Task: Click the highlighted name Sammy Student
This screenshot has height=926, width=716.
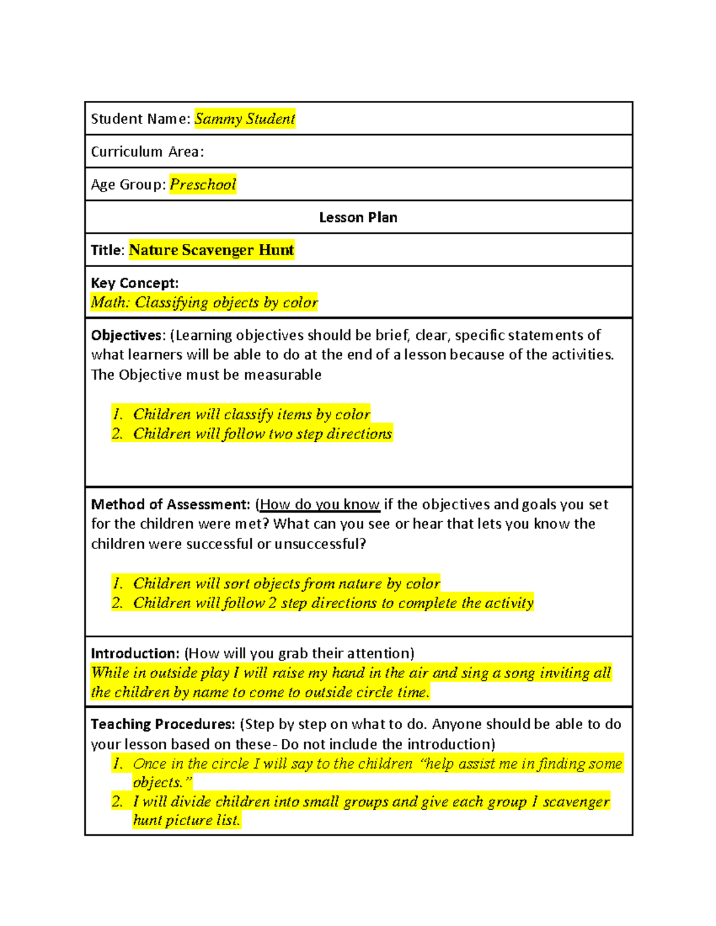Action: click(x=245, y=119)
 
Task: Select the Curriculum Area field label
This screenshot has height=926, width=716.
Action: click(x=147, y=152)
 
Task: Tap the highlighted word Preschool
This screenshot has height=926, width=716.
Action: click(x=203, y=184)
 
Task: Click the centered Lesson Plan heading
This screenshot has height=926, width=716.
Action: click(x=358, y=218)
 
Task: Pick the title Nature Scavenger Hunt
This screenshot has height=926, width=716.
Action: click(x=211, y=250)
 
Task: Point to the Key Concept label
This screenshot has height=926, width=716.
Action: click(x=134, y=283)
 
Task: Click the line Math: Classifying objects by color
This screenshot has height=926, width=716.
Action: click(x=204, y=302)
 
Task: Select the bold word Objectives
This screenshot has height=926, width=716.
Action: click(x=126, y=335)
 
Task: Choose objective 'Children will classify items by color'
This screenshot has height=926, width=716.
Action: click(x=251, y=414)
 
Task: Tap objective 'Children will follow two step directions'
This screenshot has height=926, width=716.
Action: click(x=262, y=433)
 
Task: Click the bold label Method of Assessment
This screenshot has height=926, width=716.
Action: click(x=170, y=504)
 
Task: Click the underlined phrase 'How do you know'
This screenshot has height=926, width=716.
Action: click(x=320, y=504)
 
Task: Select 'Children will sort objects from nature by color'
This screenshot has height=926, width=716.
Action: click(x=286, y=583)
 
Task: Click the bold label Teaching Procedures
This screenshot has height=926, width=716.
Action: click(x=162, y=724)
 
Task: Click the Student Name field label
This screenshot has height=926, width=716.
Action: click(x=140, y=119)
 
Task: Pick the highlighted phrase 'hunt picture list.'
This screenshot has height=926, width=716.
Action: click(x=186, y=820)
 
